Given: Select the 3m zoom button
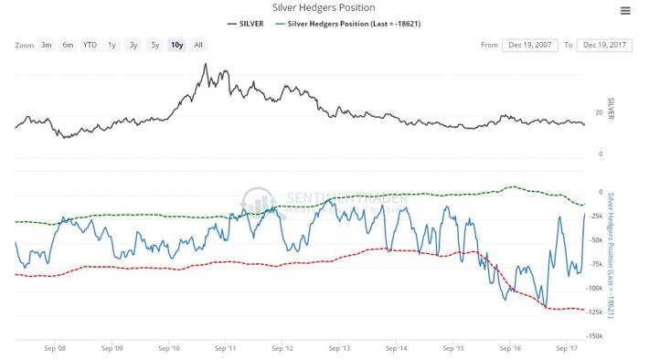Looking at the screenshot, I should (47, 45).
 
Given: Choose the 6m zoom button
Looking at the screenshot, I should (69, 45).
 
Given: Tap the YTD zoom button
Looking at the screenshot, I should (90, 45).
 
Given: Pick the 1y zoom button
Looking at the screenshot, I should (112, 45).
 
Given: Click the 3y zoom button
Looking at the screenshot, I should (133, 45).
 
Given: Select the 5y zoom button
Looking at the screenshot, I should (155, 45).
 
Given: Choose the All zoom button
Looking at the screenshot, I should (198, 45).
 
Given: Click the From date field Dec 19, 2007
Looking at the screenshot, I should (528, 45).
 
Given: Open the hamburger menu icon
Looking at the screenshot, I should (625, 11).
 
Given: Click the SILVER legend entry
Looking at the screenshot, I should (249, 23).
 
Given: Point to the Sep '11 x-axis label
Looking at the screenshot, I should (226, 348).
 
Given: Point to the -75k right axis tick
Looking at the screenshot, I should (599, 264).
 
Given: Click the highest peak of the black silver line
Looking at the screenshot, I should (206, 64).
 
